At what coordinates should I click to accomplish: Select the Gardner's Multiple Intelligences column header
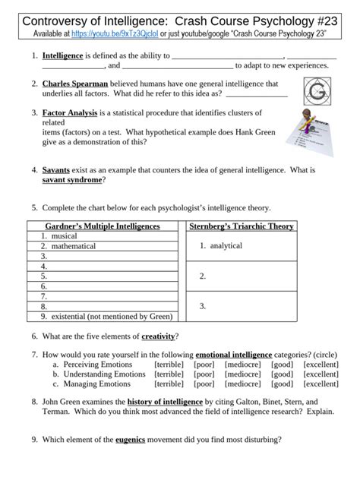[x=103, y=226]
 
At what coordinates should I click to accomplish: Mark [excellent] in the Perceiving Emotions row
[x=321, y=365]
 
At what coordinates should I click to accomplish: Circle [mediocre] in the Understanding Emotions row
[x=242, y=374]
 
